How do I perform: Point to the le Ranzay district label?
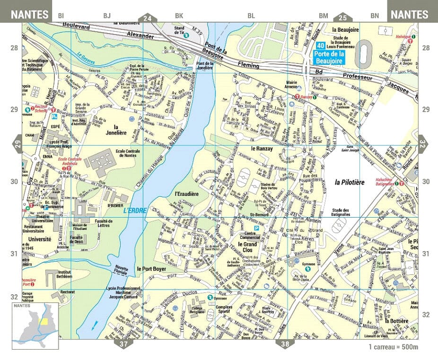click(260, 149)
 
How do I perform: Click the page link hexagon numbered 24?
click(148, 18)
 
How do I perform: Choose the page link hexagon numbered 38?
click(285, 344)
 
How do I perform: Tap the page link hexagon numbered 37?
click(123, 344)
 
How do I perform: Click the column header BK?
click(179, 16)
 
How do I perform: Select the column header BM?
click(323, 16)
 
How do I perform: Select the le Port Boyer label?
click(151, 269)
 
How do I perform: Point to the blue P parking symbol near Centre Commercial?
click(257, 228)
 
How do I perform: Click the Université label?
click(40, 239)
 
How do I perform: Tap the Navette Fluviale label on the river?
click(122, 270)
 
